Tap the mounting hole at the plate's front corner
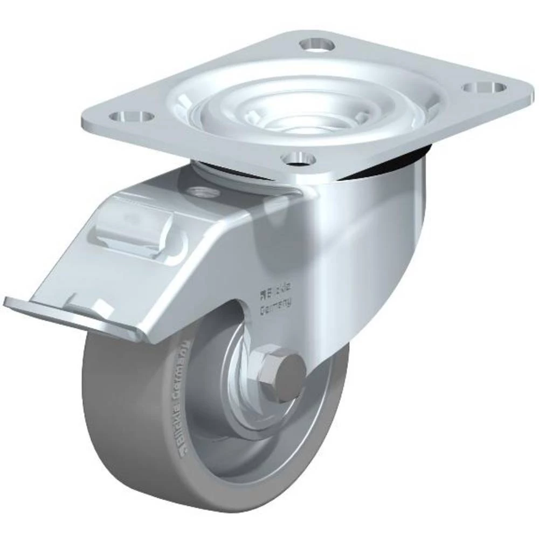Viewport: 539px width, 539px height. point(299,158)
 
